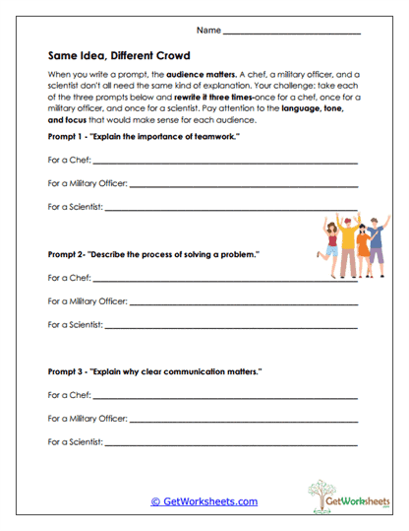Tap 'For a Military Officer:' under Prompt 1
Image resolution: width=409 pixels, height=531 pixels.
(88, 182)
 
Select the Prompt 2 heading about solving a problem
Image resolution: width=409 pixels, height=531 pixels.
(153, 254)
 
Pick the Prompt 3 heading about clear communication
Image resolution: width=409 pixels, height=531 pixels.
(154, 371)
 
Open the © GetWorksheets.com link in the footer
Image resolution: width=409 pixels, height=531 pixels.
(204, 501)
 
